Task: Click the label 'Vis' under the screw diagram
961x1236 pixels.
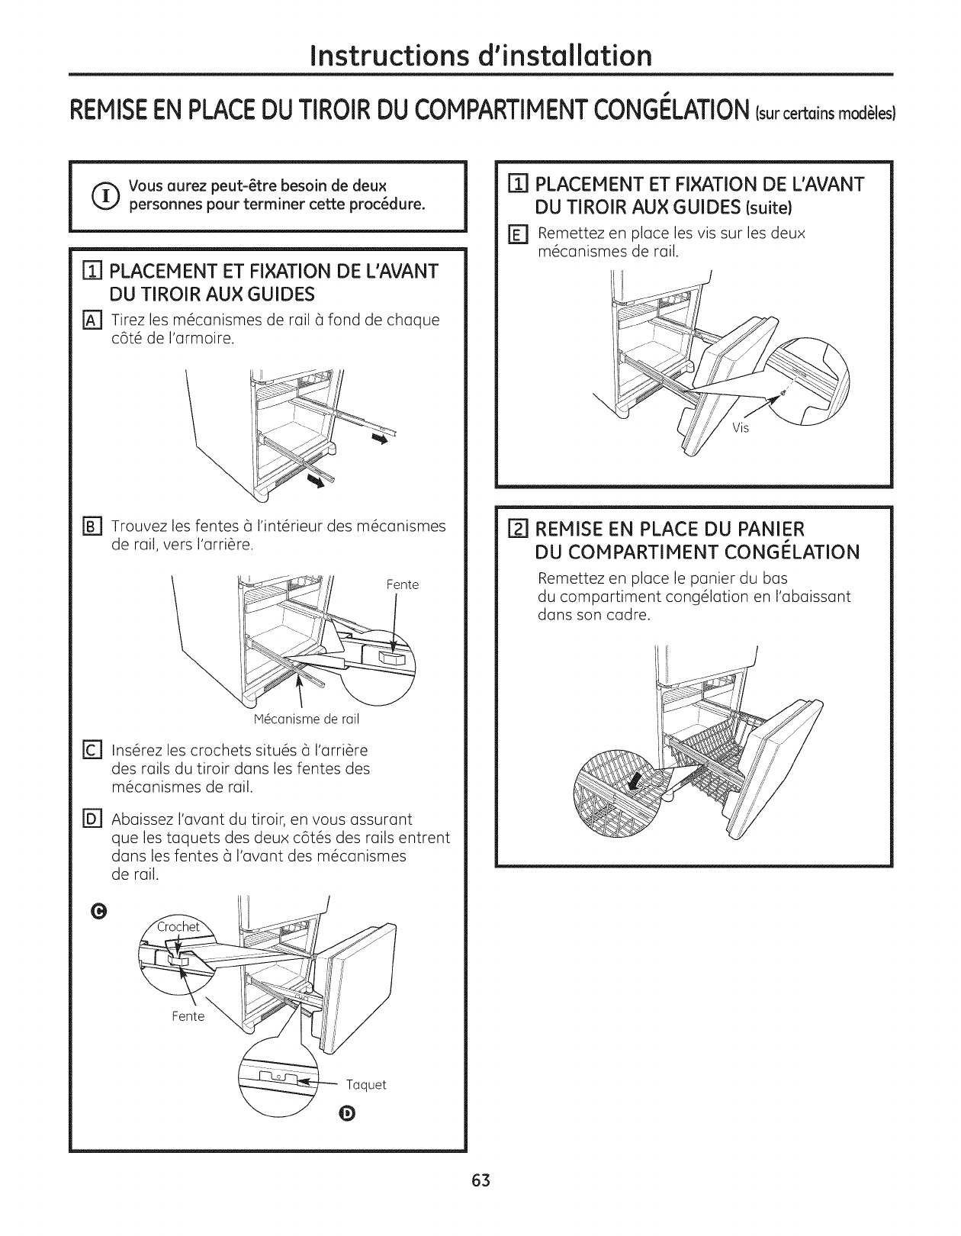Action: [x=741, y=428]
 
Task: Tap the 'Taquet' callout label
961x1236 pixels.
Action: [x=367, y=1085]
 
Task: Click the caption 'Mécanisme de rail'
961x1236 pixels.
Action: [x=306, y=719]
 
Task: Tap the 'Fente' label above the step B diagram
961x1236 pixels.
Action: [x=403, y=585]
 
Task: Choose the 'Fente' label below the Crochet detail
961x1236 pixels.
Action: [x=188, y=1016]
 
